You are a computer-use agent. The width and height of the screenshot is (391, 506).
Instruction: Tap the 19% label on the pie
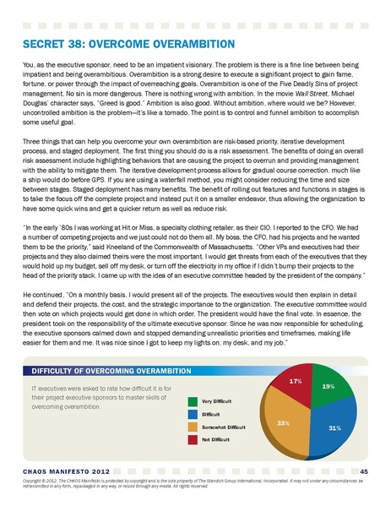(329, 386)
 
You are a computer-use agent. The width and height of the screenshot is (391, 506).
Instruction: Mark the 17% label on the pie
(296, 382)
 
